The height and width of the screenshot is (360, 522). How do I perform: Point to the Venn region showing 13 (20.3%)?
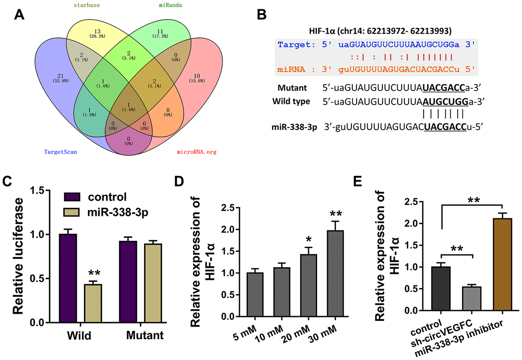(x=85, y=35)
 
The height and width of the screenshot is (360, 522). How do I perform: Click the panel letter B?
(x=261, y=14)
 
